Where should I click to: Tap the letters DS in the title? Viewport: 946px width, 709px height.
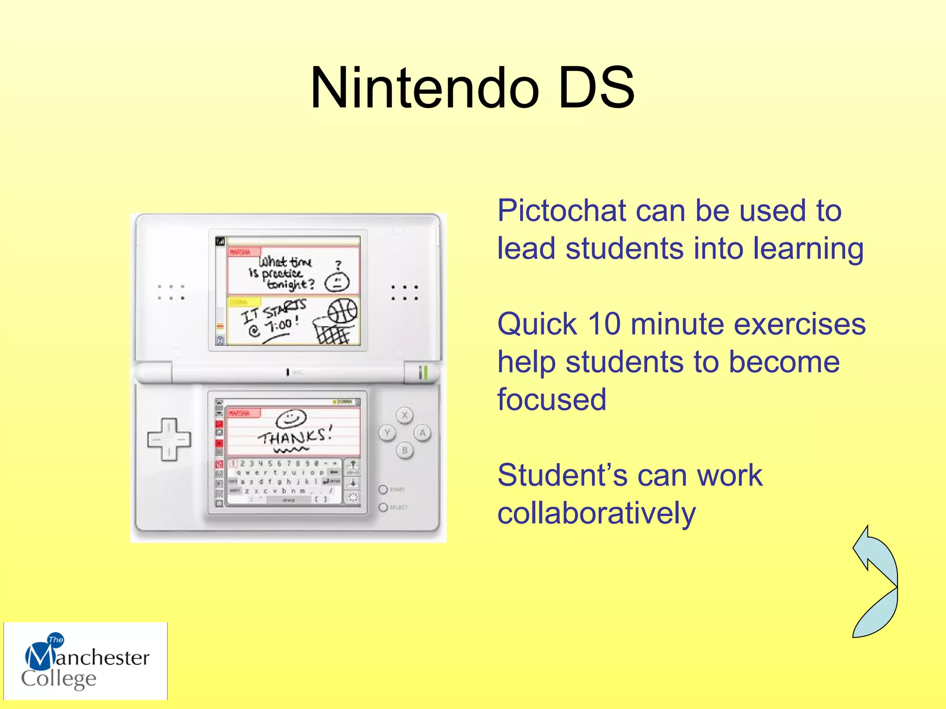click(596, 88)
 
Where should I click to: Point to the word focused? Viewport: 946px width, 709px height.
click(552, 400)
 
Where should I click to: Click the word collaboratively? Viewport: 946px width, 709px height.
click(596, 514)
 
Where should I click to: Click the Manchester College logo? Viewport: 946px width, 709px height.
click(85, 661)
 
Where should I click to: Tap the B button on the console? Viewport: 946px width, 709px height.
click(405, 451)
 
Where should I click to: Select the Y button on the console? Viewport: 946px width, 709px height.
click(387, 433)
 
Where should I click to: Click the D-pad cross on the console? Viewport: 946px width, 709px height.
click(169, 439)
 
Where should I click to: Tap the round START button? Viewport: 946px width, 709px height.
click(383, 489)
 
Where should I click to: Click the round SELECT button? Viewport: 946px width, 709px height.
click(383, 507)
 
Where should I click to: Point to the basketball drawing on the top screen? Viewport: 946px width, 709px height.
click(342, 311)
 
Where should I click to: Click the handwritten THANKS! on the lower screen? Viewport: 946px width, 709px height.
click(295, 436)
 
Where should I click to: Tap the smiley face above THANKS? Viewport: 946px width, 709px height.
click(291, 419)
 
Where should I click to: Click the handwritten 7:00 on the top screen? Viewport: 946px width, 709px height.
click(280, 326)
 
